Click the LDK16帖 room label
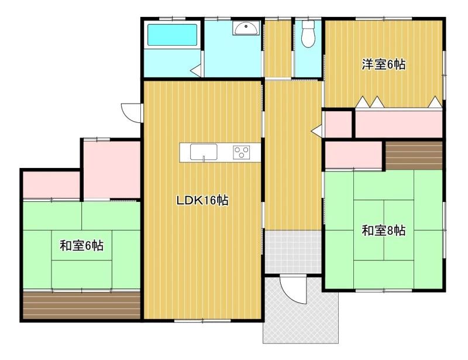click(x=202, y=200)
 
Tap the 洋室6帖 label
click(x=384, y=64)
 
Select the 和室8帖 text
click(x=384, y=231)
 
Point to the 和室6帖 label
click(x=81, y=246)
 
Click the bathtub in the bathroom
click(x=172, y=35)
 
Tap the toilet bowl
click(x=308, y=33)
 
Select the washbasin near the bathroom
click(x=246, y=28)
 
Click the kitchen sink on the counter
click(x=204, y=152)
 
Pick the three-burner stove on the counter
click(x=242, y=152)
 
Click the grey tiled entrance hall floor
click(x=293, y=252)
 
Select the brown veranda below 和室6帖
click(x=81, y=306)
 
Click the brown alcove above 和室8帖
click(x=414, y=155)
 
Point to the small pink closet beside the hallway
click(x=338, y=124)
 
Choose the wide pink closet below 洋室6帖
click(x=399, y=124)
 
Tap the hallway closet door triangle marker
click(x=316, y=131)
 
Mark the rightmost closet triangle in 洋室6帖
click(x=435, y=102)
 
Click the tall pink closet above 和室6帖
click(x=112, y=169)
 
